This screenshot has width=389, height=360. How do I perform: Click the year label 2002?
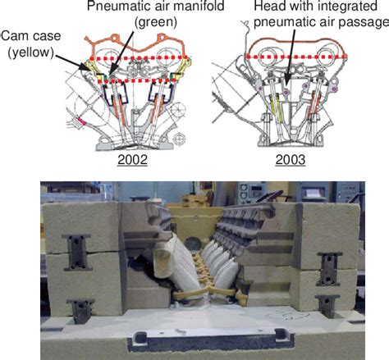[x=132, y=160]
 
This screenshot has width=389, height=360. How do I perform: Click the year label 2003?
[x=291, y=160]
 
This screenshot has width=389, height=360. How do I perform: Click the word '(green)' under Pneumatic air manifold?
[x=156, y=23]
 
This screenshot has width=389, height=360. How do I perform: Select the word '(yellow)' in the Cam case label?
[x=31, y=52]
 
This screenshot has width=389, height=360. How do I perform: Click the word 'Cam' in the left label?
[x=12, y=36]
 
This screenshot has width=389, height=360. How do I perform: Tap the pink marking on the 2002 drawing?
[x=82, y=121]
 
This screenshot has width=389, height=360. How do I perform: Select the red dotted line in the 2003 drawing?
[x=296, y=57]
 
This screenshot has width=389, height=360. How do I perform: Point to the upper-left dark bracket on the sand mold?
[x=77, y=252]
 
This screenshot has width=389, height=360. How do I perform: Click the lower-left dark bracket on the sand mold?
[x=81, y=311]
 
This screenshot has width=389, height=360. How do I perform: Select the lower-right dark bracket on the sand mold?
[x=327, y=306]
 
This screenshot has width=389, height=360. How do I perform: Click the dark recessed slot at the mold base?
[x=211, y=340]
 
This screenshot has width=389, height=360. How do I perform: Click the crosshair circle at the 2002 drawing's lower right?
[x=179, y=139]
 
